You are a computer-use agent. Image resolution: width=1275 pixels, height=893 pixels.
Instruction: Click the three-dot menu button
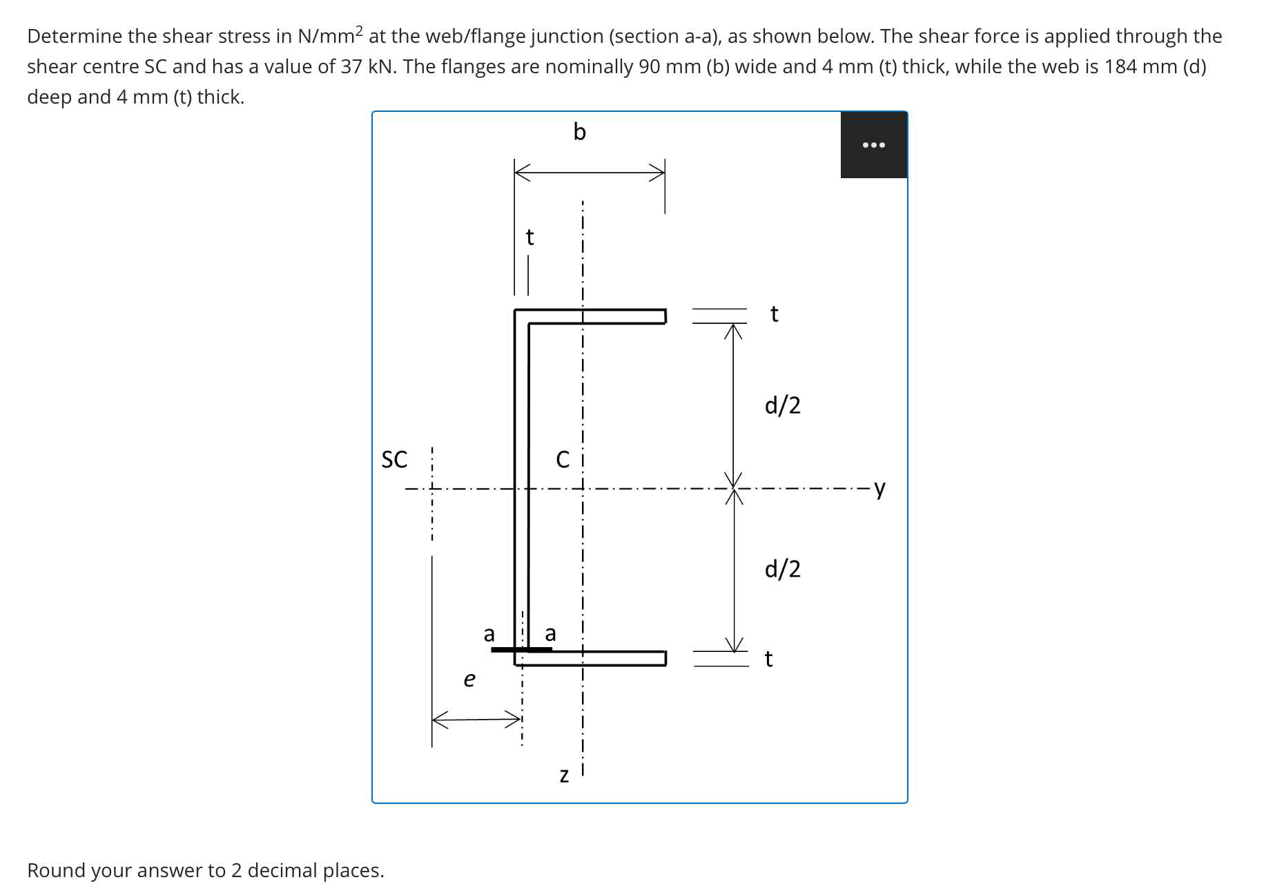pyautogui.click(x=873, y=145)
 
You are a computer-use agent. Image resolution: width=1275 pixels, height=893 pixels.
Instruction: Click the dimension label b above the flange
pyautogui.click(x=579, y=131)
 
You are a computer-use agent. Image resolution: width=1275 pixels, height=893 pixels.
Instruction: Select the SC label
pyautogui.click(x=394, y=459)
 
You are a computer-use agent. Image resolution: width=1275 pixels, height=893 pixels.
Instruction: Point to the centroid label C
pyautogui.click(x=563, y=459)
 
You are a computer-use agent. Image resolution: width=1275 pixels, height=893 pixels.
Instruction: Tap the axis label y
pyautogui.click(x=879, y=488)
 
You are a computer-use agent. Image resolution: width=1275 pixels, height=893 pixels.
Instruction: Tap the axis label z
pyautogui.click(x=564, y=776)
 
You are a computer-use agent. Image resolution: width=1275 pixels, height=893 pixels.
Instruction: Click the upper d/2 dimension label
pyautogui.click(x=782, y=405)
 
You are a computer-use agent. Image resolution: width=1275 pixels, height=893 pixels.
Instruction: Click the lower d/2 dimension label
pyautogui.click(x=782, y=568)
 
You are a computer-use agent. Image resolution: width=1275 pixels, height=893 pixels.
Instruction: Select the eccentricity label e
pyautogui.click(x=469, y=680)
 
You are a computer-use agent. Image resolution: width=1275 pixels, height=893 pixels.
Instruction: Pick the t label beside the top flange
pyautogui.click(x=774, y=314)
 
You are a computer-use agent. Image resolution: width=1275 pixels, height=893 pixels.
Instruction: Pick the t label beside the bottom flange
pyautogui.click(x=768, y=659)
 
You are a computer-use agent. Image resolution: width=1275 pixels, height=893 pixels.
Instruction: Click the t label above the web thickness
pyautogui.click(x=529, y=238)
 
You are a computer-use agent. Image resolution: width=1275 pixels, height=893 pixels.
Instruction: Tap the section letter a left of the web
pyautogui.click(x=489, y=633)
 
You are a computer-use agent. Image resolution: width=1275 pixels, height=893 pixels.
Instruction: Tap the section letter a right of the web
pyautogui.click(x=550, y=633)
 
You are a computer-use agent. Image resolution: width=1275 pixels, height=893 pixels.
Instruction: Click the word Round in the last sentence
pyautogui.click(x=56, y=870)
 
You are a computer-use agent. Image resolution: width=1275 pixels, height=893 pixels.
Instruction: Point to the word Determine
pyautogui.click(x=74, y=36)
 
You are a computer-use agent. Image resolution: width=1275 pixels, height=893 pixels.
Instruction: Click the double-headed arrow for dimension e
pyautogui.click(x=476, y=719)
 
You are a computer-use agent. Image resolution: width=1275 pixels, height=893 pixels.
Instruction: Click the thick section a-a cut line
pyautogui.click(x=520, y=649)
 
